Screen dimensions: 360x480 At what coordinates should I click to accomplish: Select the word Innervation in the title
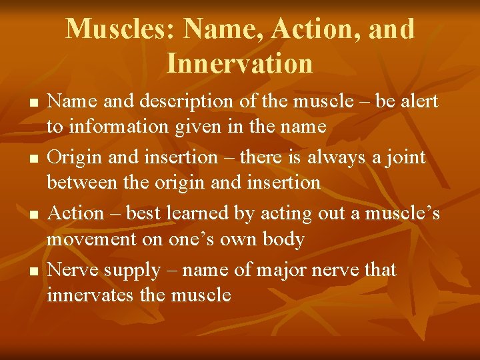(x=239, y=64)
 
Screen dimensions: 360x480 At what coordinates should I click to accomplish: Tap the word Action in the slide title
(x=307, y=29)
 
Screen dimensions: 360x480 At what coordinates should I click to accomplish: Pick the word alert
(x=415, y=101)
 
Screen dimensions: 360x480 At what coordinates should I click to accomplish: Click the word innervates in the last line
(x=91, y=295)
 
